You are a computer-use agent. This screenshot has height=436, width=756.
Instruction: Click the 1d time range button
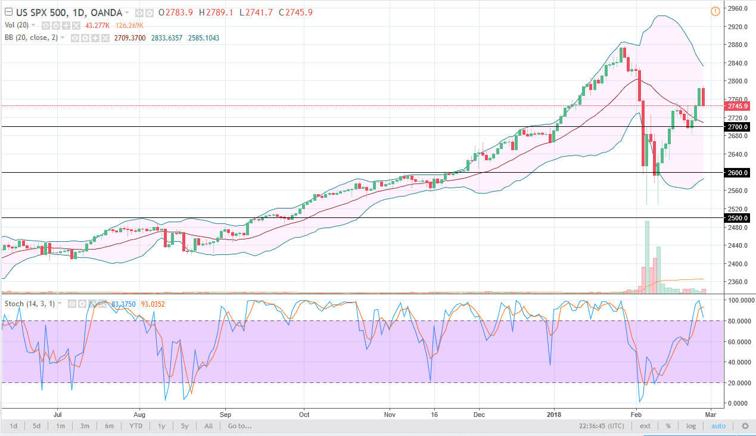click(13, 426)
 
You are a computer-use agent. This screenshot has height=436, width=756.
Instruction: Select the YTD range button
click(136, 426)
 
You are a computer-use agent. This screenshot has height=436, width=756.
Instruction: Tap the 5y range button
click(185, 426)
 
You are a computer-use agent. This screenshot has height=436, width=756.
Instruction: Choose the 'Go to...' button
click(239, 426)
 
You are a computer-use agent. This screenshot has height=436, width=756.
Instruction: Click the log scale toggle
click(690, 426)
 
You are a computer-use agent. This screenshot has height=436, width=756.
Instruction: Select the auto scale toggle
click(718, 426)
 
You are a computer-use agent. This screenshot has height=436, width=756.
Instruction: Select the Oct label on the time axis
click(304, 413)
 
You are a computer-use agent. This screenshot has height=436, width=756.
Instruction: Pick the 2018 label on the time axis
click(553, 413)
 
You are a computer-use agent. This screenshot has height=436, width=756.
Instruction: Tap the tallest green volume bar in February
click(648, 257)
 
